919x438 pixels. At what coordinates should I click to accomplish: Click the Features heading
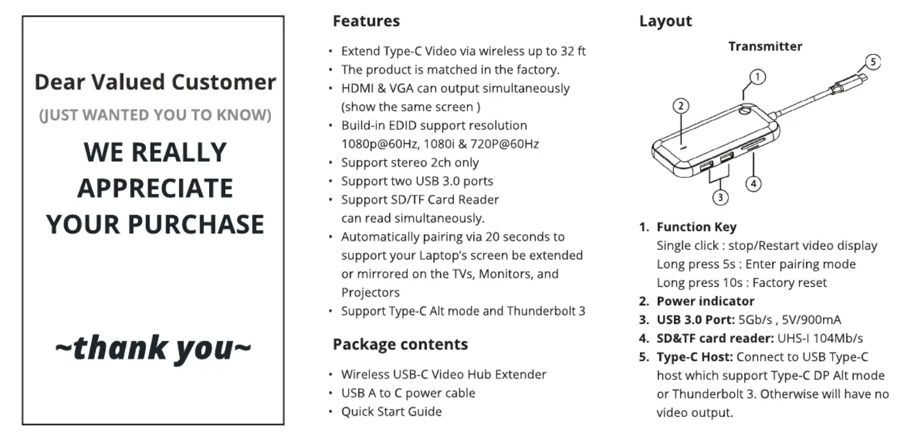[x=366, y=21]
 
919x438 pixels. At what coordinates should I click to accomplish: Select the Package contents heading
[x=400, y=344]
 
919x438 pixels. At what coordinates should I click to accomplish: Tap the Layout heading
[x=665, y=21]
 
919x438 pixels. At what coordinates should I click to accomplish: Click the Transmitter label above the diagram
[x=765, y=46]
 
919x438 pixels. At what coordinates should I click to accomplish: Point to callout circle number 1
[x=757, y=77]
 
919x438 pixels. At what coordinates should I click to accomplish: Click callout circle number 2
[x=681, y=107]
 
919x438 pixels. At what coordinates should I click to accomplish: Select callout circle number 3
[x=720, y=198]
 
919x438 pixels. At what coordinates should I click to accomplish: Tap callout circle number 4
[x=753, y=184]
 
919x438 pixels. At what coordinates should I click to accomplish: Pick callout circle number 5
[x=873, y=62]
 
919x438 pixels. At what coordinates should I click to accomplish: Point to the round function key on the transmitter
[x=745, y=110]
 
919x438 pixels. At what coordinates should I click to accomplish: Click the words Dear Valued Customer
[x=155, y=82]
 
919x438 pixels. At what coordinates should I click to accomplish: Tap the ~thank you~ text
[x=153, y=348]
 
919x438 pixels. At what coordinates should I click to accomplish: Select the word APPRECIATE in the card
[x=155, y=188]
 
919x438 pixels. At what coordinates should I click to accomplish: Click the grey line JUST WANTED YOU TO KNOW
[x=155, y=115]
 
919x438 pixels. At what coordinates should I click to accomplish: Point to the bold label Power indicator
[x=705, y=301]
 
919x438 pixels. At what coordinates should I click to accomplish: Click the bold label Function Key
[x=696, y=227]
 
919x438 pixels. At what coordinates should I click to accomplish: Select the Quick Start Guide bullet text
[x=391, y=411]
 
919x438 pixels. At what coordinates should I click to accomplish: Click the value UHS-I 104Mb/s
[x=820, y=338]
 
